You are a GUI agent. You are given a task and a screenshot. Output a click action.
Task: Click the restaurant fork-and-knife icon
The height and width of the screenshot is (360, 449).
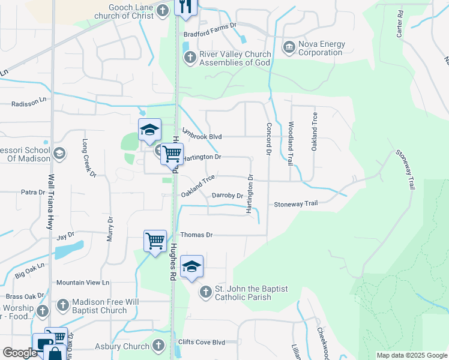[185, 7]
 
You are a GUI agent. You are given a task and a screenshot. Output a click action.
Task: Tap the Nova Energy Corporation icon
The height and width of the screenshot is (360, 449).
[289, 47]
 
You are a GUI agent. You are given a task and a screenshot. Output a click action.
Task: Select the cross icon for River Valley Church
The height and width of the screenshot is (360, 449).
[190, 58]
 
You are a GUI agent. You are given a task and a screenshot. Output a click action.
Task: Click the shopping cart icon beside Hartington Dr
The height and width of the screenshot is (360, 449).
[172, 154]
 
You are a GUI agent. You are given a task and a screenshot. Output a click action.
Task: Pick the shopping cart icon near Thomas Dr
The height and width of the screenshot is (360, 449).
[155, 241]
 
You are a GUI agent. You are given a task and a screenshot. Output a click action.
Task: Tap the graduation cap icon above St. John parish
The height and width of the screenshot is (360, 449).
[191, 266]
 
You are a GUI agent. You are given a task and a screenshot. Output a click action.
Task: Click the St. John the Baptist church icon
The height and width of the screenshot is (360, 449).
[205, 292]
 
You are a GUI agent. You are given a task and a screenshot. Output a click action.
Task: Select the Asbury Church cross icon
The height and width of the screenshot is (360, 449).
[158, 346]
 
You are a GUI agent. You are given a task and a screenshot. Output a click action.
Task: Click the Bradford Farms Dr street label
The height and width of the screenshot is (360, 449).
[211, 34]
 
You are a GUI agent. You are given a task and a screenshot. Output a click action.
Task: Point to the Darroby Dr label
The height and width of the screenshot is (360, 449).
[228, 196]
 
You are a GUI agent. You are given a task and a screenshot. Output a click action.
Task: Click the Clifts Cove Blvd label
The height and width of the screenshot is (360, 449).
[202, 342]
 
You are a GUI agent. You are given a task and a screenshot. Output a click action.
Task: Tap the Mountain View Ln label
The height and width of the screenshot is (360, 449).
[82, 282]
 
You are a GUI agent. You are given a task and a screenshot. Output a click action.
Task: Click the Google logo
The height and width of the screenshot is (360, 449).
[20, 353]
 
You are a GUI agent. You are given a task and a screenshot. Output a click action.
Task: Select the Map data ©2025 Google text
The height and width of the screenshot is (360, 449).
[411, 355]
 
